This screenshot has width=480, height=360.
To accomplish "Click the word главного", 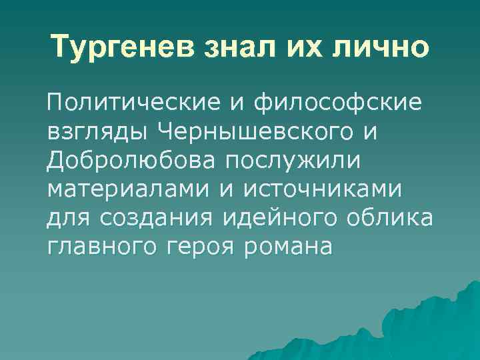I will coord(99,247).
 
